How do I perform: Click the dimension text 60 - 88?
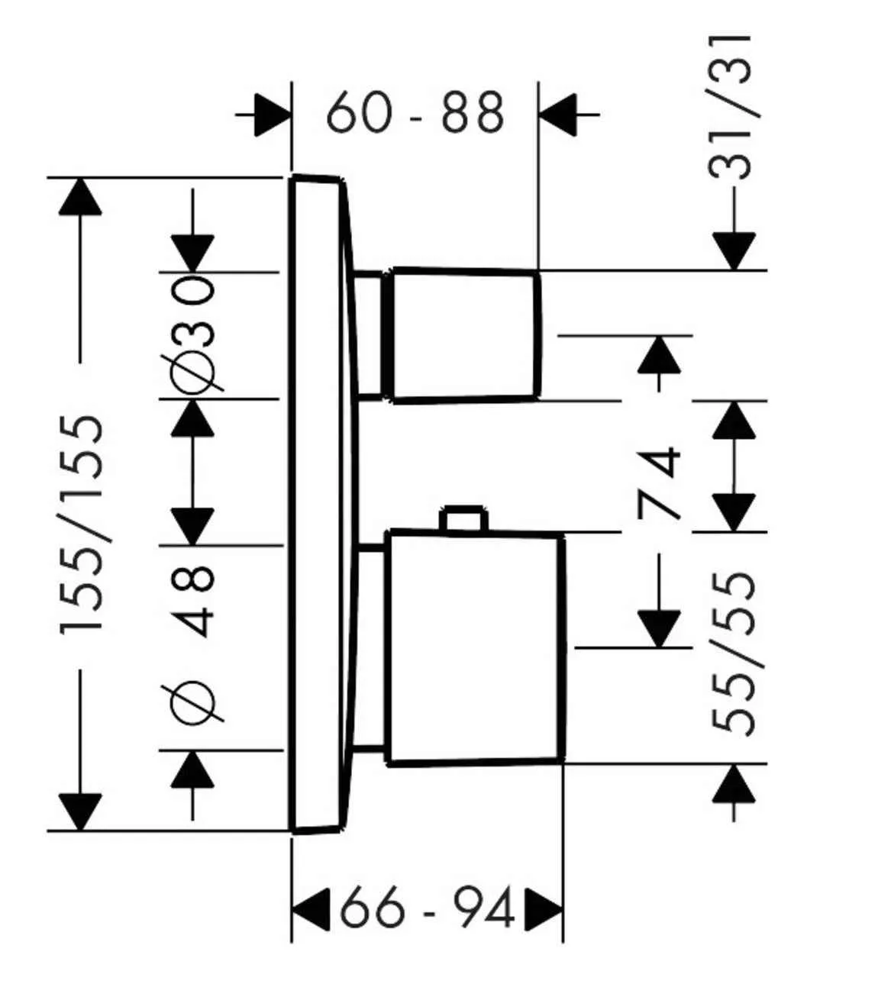415,112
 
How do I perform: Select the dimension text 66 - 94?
426,908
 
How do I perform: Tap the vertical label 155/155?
81,523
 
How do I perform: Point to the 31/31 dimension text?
732,108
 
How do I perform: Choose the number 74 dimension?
658,484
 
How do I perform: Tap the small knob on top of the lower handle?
463,518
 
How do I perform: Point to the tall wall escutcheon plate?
317,504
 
